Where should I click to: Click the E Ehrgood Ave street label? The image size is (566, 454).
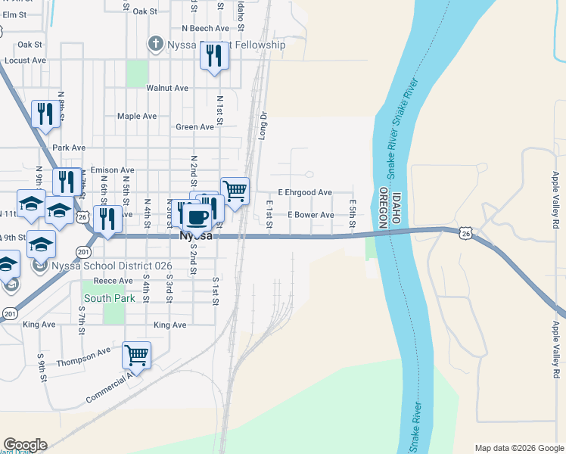click(305, 193)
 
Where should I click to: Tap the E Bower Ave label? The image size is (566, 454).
click(310, 215)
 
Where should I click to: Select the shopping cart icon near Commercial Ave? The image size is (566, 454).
click(136, 353)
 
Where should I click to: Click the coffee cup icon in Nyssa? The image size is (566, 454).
click(197, 218)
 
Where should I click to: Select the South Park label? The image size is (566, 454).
click(109, 298)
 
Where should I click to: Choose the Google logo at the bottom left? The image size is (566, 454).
click(24, 445)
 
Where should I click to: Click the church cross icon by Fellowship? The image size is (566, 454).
click(156, 45)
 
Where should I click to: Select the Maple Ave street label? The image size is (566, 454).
click(136, 117)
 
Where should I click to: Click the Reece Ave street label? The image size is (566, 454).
click(113, 281)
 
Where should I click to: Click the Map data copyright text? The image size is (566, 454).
click(518, 448)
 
